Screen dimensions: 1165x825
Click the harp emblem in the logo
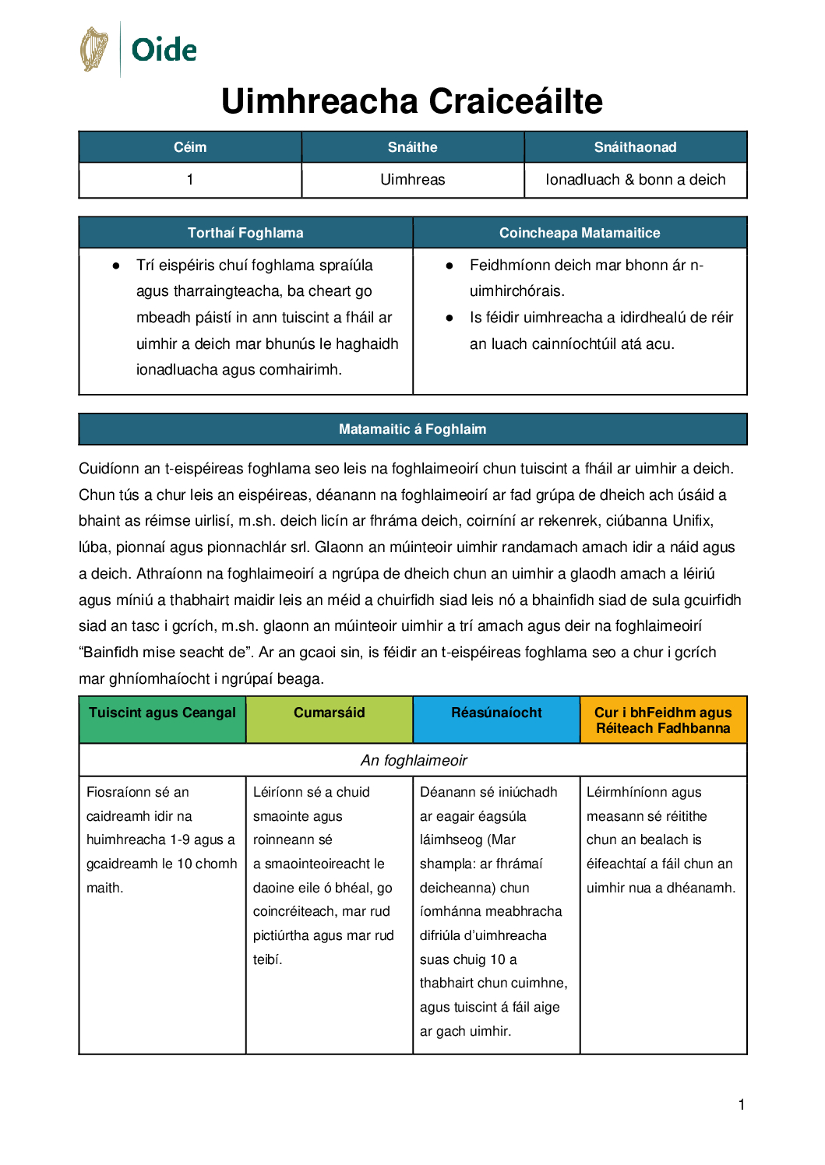[x=94, y=49]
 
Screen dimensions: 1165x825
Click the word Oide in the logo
[x=164, y=50]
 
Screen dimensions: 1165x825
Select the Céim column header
[x=190, y=147]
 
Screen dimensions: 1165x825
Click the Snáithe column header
[x=412, y=147]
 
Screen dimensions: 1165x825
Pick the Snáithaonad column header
[x=635, y=147]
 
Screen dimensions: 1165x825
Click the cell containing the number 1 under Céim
[x=190, y=180]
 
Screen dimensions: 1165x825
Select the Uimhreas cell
[x=412, y=180]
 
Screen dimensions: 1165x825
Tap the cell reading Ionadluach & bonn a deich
[x=635, y=180]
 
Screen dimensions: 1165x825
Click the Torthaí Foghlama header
[x=245, y=233]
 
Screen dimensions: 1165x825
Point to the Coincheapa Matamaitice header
[x=580, y=233]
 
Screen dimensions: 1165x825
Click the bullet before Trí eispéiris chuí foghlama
[x=116, y=266]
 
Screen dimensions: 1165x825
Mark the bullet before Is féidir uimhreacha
[x=450, y=318]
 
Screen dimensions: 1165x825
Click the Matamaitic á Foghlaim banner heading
[x=412, y=429]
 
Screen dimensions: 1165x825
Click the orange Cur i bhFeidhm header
[x=663, y=720]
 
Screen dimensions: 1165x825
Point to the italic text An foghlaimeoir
[x=414, y=760]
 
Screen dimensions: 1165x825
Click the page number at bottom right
[x=742, y=1104]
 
